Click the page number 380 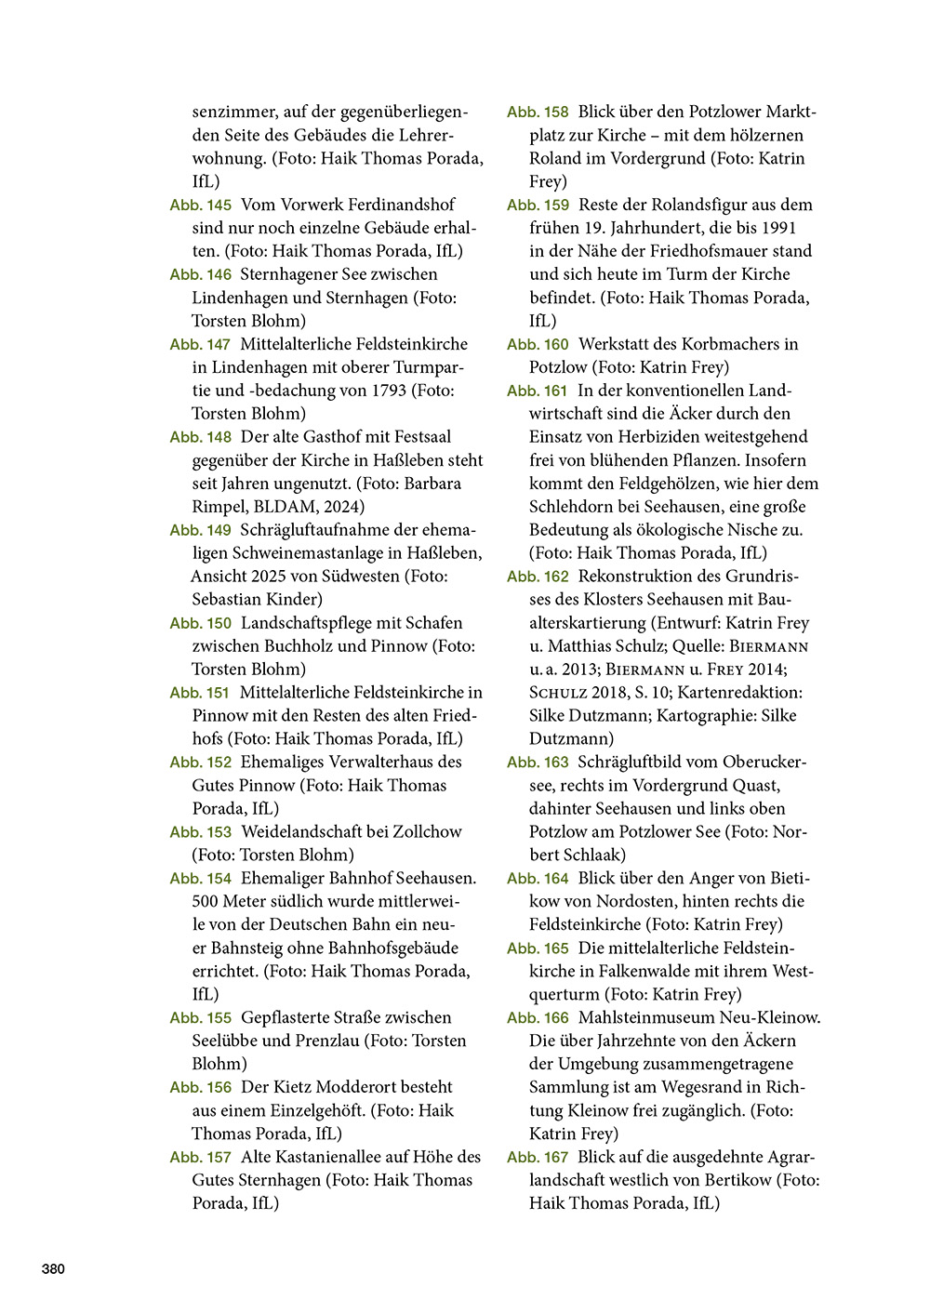53,1269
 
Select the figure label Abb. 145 201,205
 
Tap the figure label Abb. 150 201,623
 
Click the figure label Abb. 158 538,113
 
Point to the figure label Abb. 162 538,577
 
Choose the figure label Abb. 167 538,1158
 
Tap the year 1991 778,228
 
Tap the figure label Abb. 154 201,879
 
